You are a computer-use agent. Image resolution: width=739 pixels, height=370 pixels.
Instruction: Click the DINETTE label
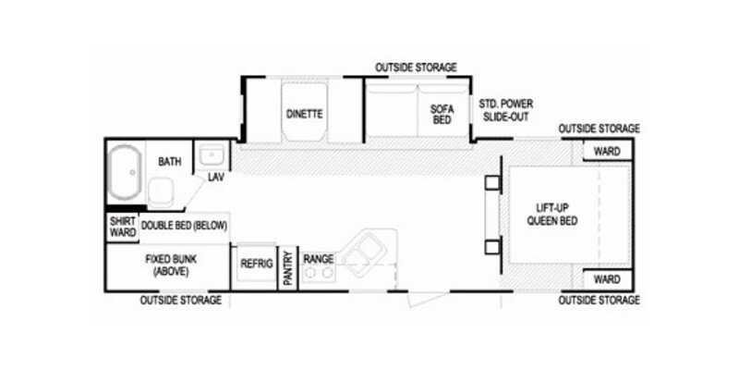coord(303,114)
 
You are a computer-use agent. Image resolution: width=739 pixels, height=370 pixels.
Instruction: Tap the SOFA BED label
coord(442,114)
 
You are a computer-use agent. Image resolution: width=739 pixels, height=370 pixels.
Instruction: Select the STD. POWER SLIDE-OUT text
coord(506,110)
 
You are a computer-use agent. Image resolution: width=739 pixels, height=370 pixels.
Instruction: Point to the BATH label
coord(169,162)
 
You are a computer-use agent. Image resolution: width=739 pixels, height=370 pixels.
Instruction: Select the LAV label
coord(216,176)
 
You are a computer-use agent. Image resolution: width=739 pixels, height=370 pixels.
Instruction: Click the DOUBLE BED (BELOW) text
coord(184,226)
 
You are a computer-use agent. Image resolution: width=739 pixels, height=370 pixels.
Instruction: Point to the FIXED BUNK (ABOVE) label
coord(167,265)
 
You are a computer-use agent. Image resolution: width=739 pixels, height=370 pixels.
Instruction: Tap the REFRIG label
coord(256,264)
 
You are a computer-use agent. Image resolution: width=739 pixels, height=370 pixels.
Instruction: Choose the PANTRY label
coord(287,268)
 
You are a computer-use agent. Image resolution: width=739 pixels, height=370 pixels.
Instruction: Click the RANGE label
coord(319,259)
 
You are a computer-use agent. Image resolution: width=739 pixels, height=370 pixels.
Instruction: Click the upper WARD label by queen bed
coord(606,151)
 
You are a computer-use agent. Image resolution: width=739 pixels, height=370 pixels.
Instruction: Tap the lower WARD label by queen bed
coord(606,278)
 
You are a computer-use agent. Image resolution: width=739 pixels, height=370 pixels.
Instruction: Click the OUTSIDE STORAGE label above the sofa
coord(416,68)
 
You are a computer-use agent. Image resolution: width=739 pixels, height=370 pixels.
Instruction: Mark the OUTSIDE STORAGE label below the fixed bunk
coord(180,301)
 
